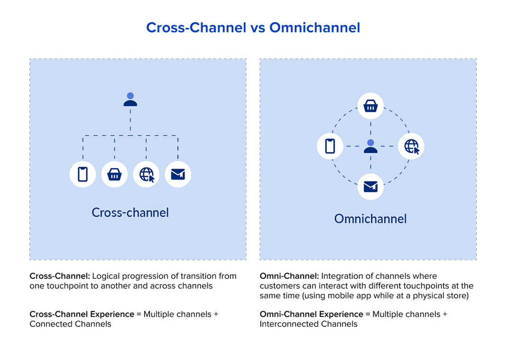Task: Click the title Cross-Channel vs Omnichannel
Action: click(x=253, y=28)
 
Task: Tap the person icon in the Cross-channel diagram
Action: click(x=130, y=100)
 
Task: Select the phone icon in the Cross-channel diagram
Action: click(x=83, y=174)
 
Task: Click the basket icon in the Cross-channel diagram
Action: click(x=114, y=174)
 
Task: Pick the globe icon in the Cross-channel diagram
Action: click(x=146, y=174)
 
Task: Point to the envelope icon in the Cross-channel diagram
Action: click(x=178, y=174)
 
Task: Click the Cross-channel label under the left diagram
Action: click(x=130, y=213)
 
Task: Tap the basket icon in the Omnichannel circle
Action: click(x=371, y=107)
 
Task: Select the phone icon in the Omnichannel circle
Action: click(x=330, y=146)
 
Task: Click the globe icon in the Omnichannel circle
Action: click(x=411, y=146)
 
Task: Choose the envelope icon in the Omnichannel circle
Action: click(x=371, y=186)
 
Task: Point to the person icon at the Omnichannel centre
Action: click(x=371, y=146)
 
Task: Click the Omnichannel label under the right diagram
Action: click(x=370, y=219)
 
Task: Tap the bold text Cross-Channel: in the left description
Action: click(x=60, y=276)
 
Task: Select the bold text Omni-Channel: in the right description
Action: click(x=289, y=276)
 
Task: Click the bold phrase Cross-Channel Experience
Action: click(x=81, y=314)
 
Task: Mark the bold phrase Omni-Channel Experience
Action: click(x=311, y=314)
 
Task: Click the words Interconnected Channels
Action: click(x=308, y=324)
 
